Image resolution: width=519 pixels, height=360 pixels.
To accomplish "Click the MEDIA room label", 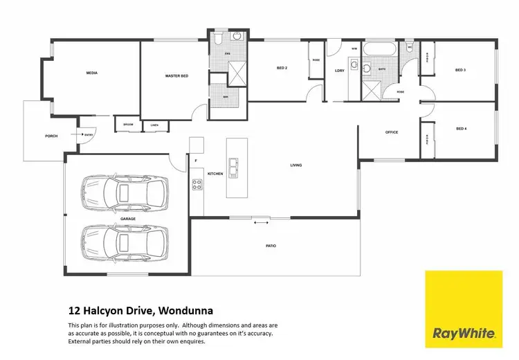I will [x=91, y=73].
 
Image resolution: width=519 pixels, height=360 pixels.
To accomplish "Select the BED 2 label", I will [x=282, y=68].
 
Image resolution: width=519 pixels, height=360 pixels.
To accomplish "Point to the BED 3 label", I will [x=460, y=70].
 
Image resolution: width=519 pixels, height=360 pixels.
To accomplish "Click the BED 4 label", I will [x=461, y=129].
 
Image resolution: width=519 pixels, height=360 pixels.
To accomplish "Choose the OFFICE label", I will [x=392, y=132].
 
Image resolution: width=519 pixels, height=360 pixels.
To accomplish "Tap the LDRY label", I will [x=339, y=71].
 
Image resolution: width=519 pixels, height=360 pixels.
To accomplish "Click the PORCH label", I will [x=51, y=136].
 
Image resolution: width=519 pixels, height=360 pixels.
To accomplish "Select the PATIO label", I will [x=271, y=245].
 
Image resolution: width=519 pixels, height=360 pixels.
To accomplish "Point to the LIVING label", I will [x=295, y=165].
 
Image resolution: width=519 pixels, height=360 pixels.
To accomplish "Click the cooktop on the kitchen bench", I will [x=197, y=184].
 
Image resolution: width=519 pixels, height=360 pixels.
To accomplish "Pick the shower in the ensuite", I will [x=237, y=73].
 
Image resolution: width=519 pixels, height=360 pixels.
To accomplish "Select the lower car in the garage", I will [x=125, y=242].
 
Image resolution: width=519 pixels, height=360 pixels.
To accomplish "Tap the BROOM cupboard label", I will [x=128, y=125].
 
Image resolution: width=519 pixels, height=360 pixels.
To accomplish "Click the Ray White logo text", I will [x=464, y=333].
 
